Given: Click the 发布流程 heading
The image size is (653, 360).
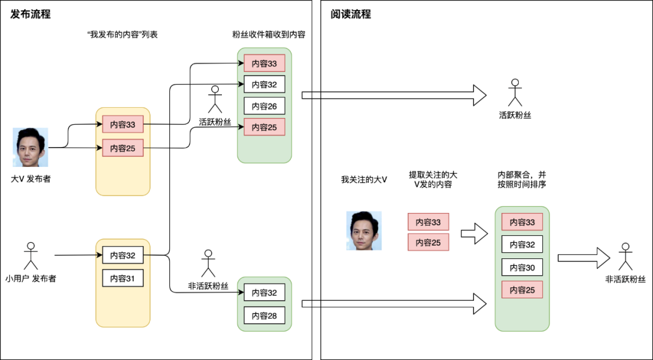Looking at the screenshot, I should (31, 15).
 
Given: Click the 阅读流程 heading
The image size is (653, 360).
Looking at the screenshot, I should (351, 15).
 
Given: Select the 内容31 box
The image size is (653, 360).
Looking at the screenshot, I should (123, 278).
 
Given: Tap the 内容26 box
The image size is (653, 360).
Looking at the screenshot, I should (264, 106).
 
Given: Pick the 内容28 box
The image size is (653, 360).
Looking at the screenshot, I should (264, 315).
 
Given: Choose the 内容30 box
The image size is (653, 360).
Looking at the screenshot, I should (522, 267).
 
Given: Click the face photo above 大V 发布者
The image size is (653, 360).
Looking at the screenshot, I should (30, 147).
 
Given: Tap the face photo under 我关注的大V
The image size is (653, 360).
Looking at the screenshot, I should (363, 231).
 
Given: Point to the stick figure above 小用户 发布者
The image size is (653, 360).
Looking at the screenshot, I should (30, 256).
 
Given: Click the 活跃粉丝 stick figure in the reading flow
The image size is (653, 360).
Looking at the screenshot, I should (515, 93).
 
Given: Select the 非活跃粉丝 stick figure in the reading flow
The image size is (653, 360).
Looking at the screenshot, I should (625, 257).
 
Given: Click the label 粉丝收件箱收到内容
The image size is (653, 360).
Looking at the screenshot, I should (268, 34).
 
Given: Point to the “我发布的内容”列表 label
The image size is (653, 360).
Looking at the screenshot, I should (123, 34).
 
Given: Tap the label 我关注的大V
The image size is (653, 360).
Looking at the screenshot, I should (364, 180).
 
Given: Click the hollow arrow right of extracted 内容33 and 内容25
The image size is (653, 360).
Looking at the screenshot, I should (474, 233).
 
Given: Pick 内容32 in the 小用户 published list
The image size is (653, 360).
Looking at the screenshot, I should (123, 255).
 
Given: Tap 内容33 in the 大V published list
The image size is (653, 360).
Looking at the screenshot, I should (123, 125).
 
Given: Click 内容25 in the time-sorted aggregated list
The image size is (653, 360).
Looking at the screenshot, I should (522, 290).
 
